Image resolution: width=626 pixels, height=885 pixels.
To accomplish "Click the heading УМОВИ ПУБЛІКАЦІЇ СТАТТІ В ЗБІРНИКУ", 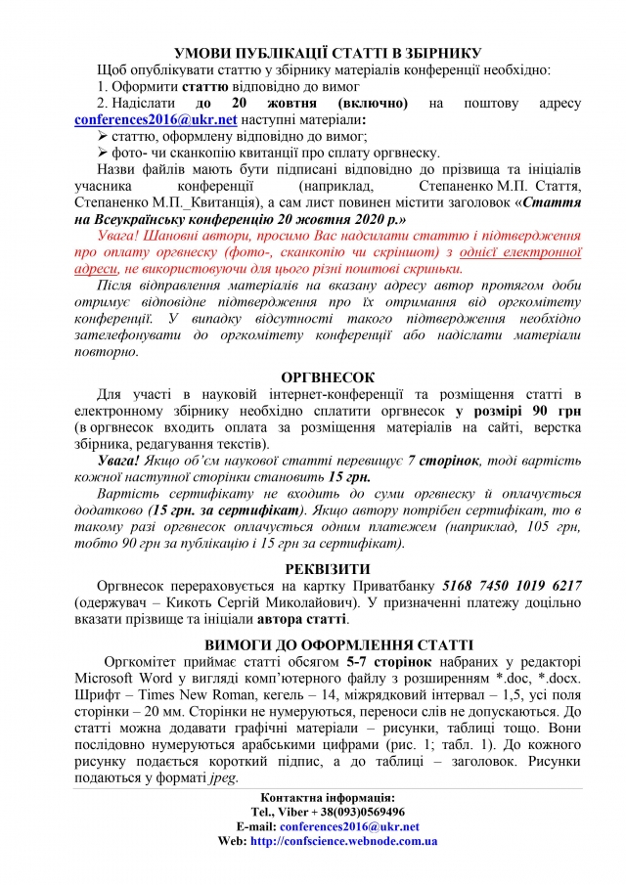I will (x=312, y=52).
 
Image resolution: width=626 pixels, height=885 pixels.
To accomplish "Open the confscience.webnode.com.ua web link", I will (x=343, y=840).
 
